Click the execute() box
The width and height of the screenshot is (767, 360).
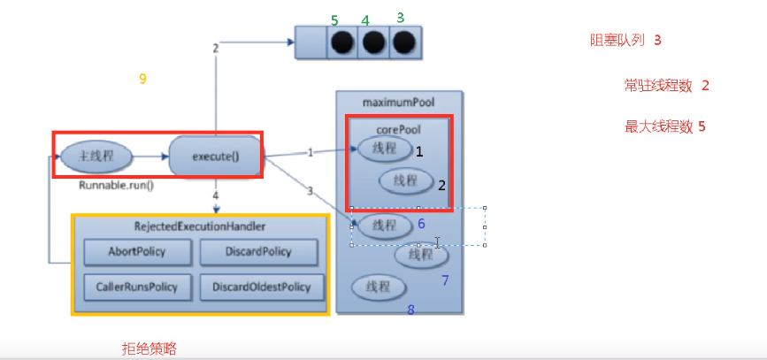click(215, 156)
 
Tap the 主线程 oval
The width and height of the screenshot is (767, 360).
click(96, 156)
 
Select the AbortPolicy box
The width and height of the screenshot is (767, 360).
click(136, 252)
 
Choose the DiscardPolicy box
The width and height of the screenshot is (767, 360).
click(258, 252)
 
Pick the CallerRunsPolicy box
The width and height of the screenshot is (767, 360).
click(136, 287)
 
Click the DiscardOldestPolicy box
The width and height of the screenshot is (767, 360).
click(262, 287)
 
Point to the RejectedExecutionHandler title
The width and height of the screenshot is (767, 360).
click(200, 226)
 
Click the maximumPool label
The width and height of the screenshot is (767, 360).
click(399, 103)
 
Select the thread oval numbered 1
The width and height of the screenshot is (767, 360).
click(385, 149)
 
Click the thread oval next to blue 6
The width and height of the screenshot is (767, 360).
click(386, 226)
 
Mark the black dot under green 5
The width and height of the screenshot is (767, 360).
click(342, 43)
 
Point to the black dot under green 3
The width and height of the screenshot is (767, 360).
click(404, 43)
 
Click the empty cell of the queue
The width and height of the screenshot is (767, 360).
click(311, 43)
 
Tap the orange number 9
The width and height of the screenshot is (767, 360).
click(142, 79)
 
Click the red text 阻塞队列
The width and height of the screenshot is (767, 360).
click(618, 40)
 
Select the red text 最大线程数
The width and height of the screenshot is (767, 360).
click(658, 127)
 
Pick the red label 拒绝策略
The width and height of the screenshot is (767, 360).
click(150, 349)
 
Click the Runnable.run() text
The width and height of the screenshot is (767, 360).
click(117, 186)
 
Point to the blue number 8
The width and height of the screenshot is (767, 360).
click(410, 310)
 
